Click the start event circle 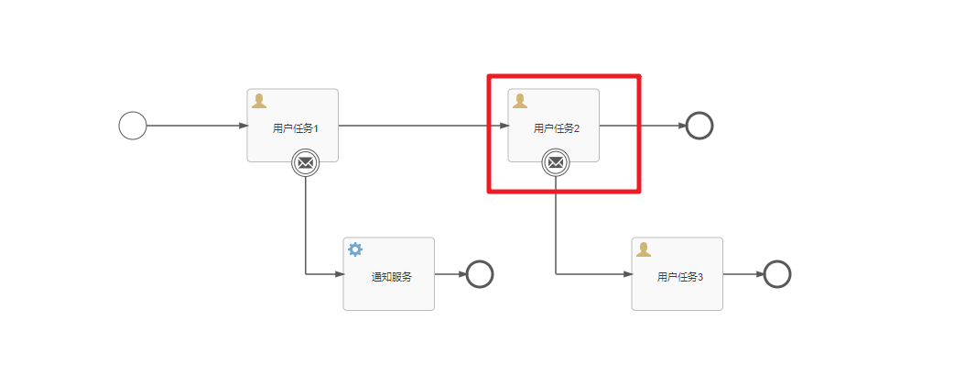pos(133,126)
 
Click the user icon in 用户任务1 pos(259,101)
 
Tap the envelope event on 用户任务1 pos(305,163)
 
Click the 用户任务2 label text pos(556,128)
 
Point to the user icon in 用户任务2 pos(520,101)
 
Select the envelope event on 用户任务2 pos(555,163)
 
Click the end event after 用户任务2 pos(699,126)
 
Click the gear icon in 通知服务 pos(355,249)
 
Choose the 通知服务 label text pos(391,277)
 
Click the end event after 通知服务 pos(480,274)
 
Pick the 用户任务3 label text pos(679,277)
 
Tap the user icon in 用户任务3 pos(644,249)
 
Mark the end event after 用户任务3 pos(776,274)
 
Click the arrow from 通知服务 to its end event pos(450,273)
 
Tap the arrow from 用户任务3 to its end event pos(743,273)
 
